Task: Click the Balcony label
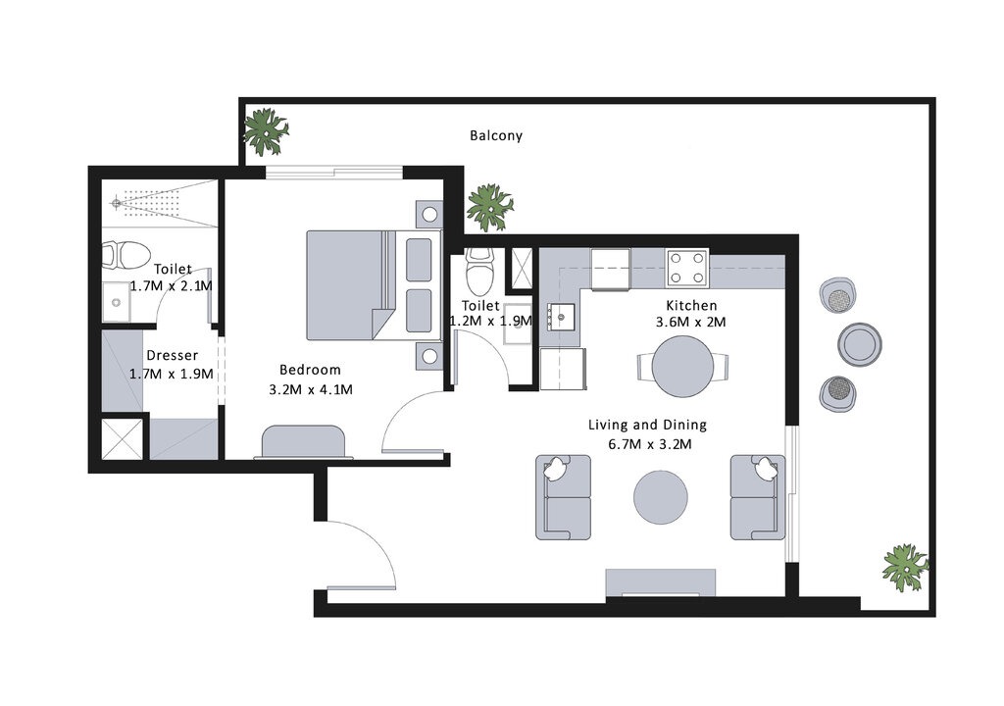pos(495,136)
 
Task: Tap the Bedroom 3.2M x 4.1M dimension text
pos(310,389)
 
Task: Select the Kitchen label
pos(691,306)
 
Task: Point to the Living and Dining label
pos(647,426)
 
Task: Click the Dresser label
pos(172,356)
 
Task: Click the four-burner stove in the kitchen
pos(687,267)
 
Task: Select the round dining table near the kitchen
pos(683,366)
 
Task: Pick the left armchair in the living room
pos(563,497)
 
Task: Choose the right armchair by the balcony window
pos(757,497)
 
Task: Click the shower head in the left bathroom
pos(117,203)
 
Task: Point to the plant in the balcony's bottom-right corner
pos(903,567)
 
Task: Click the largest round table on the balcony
pos(860,343)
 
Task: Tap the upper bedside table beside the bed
pos(428,213)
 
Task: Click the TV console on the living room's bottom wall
pos(661,582)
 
